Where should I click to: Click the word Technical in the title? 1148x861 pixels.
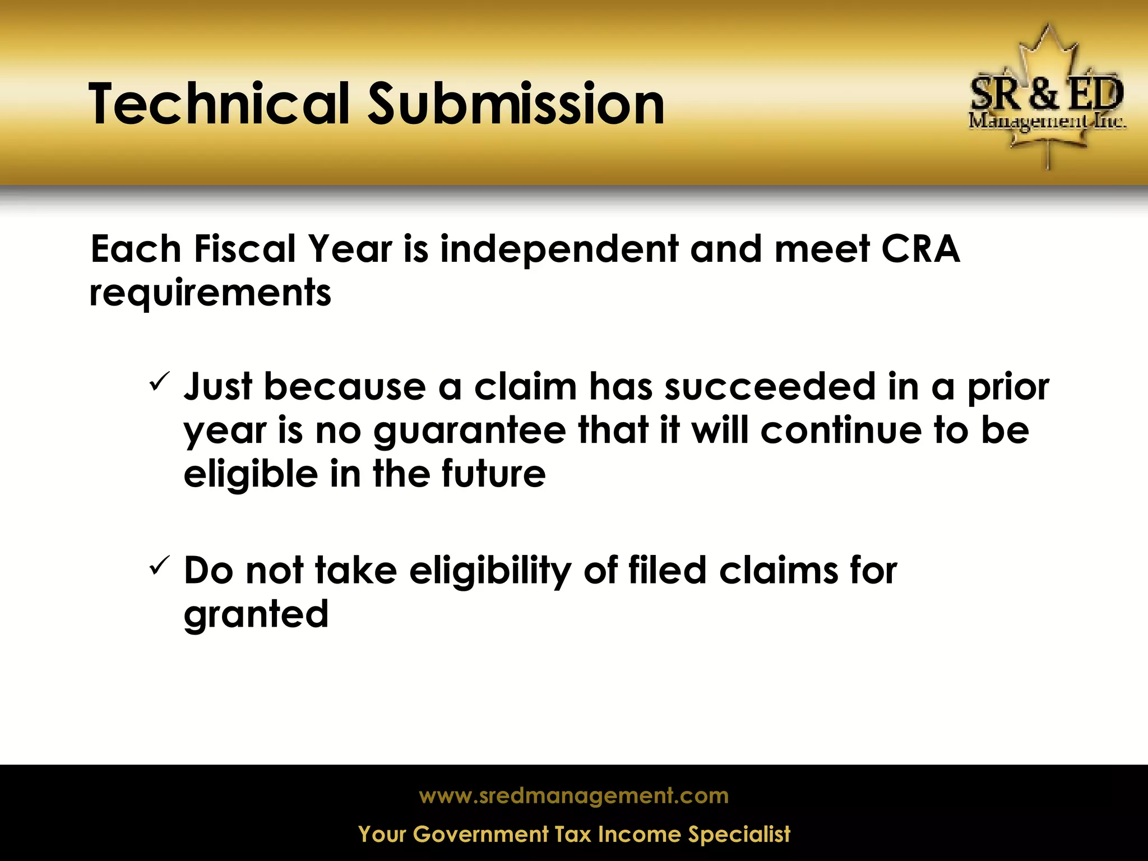click(219, 104)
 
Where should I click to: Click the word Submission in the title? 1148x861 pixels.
click(516, 104)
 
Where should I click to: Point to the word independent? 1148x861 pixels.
click(559, 249)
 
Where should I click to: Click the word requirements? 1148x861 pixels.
click(210, 293)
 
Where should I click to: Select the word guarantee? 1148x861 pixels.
click(470, 432)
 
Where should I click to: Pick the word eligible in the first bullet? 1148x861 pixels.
click(251, 474)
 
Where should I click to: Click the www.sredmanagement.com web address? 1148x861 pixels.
click(573, 796)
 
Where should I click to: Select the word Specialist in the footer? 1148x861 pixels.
click(739, 835)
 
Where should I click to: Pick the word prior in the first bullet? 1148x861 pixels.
click(1008, 388)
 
